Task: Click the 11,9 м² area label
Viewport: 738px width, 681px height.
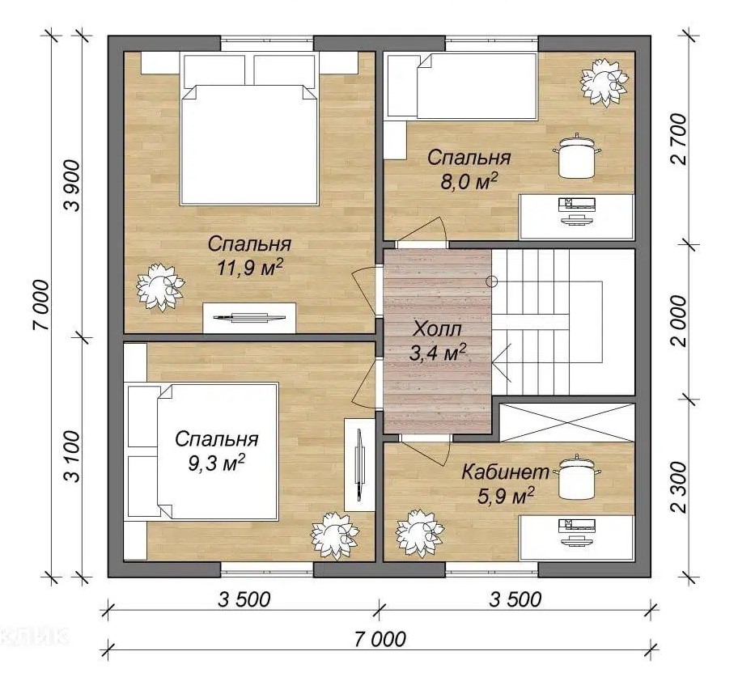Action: coord(249,268)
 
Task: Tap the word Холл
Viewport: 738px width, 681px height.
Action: coord(437,328)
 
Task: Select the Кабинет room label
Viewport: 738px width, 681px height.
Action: coord(505,472)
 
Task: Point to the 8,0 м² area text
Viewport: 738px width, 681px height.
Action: coord(469,182)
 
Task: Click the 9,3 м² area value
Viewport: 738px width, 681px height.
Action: coord(217,463)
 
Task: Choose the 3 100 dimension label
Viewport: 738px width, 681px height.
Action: coord(74,455)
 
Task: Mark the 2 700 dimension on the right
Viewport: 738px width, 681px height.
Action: coord(679,139)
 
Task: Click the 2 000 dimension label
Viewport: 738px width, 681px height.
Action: coord(679,321)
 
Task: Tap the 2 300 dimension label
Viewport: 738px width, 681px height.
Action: coord(679,487)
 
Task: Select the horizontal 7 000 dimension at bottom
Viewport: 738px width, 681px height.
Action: coord(380,640)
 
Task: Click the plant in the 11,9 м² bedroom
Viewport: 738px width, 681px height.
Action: coord(160,287)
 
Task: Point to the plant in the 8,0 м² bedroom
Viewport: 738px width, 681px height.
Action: coord(604,82)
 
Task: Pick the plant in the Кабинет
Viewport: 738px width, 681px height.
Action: coord(420,533)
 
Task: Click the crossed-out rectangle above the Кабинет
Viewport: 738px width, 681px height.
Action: coord(566,422)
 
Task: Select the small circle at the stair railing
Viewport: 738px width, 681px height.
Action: coord(492,281)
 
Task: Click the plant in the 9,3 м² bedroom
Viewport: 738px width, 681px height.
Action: coord(335,535)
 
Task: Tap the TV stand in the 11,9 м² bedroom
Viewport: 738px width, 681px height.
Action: coord(249,318)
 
